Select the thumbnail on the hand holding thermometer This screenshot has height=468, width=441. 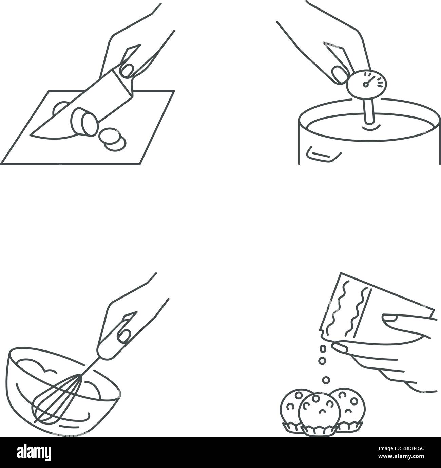[x=338, y=73]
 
